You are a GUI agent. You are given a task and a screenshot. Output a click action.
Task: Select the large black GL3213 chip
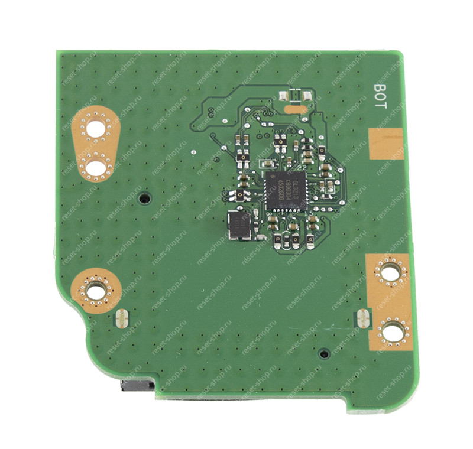285,190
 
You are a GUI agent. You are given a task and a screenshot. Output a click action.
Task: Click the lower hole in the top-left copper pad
95,167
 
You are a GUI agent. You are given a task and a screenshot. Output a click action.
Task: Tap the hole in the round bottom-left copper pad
95,289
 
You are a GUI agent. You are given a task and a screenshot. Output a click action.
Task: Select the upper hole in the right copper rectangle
389,272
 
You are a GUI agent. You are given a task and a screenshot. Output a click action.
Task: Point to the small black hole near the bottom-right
323,354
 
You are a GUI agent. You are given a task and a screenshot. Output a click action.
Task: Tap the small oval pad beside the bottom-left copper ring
120,318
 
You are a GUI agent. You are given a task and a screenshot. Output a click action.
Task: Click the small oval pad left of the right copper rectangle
361,320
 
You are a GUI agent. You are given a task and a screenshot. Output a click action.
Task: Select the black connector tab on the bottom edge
137,386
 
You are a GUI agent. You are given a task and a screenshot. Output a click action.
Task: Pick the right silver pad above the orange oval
307,95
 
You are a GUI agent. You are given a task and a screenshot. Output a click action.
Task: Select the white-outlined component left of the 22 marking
267,163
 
